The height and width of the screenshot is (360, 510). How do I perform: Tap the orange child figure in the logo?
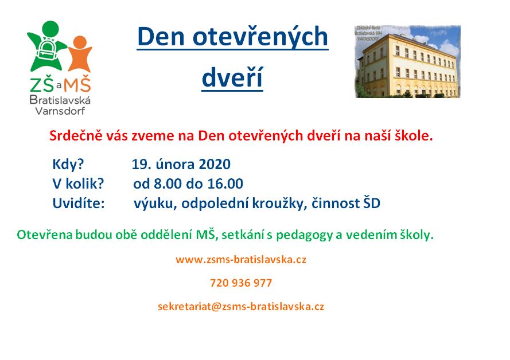80,54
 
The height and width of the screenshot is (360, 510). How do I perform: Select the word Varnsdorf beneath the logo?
60,111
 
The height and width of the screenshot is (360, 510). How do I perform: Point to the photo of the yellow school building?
407,61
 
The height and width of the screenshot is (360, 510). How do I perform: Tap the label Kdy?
68,165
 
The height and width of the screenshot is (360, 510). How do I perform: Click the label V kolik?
78,183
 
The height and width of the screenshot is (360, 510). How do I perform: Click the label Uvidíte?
79,203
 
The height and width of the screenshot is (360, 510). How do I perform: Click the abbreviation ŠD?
371,203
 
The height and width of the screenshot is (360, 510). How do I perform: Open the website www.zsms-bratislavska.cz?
241,260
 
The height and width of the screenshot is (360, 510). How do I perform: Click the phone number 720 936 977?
241,283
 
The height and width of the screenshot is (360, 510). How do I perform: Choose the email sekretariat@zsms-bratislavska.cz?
241,306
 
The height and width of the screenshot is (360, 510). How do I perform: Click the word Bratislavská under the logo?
60,100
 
